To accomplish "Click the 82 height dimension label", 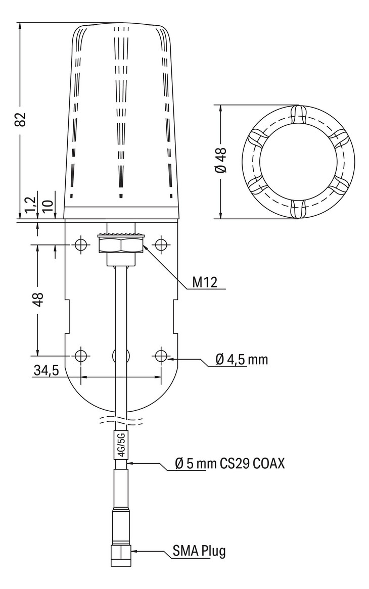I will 20,119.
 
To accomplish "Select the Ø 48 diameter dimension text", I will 221,161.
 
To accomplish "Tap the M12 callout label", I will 204,282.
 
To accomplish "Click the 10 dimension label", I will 48,206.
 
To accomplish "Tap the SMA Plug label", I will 199,551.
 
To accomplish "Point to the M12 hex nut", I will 121,246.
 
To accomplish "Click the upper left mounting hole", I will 80,245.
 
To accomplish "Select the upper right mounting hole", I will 161,245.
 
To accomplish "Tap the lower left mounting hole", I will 80,356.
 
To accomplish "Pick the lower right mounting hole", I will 161,356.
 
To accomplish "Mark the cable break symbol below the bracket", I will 121,419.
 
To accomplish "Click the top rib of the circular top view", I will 299,114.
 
